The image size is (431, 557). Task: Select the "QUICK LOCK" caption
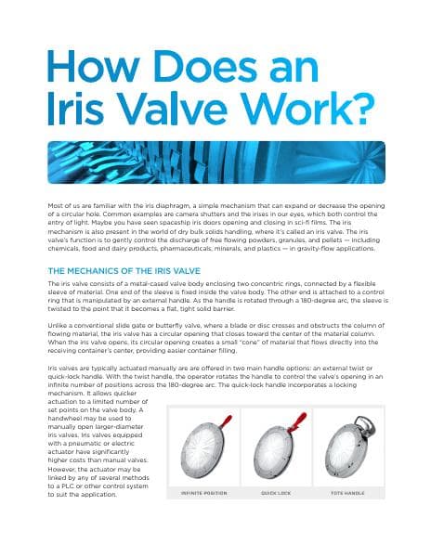[276, 493]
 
